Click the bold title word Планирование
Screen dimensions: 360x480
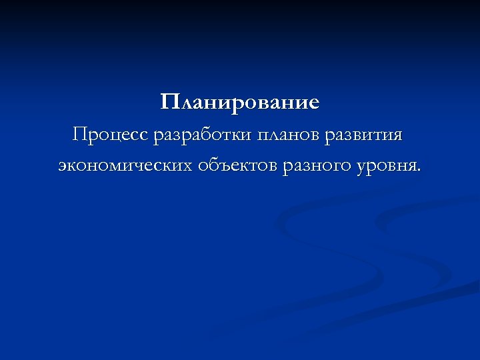click(240, 103)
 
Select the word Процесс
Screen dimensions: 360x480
click(111, 135)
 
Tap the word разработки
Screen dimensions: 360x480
click(203, 135)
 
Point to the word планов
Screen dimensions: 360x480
click(288, 136)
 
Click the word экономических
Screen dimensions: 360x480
click(125, 165)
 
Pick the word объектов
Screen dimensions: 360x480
click(237, 164)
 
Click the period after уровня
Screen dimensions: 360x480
click(419, 169)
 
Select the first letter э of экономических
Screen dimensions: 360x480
click(62, 165)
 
